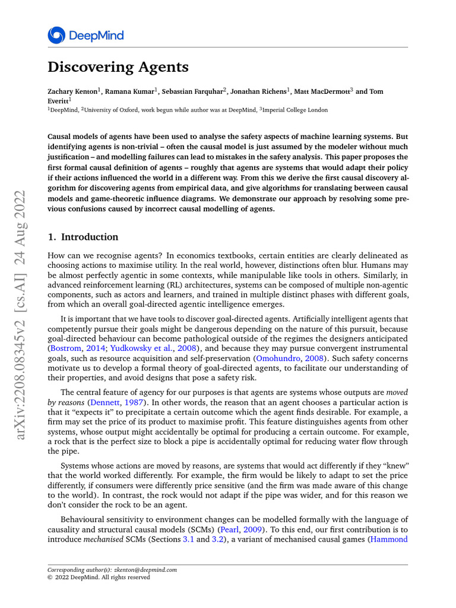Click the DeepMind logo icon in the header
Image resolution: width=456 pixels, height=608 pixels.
tap(57, 35)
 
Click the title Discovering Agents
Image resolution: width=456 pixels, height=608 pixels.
tap(118, 68)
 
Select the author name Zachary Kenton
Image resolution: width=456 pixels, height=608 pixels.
tap(72, 92)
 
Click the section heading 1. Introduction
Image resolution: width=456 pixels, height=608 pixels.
tap(83, 237)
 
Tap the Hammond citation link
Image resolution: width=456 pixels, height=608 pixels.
tap(389, 539)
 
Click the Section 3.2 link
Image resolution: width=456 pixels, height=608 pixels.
tap(218, 539)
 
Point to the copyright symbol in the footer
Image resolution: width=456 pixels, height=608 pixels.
tap(50, 577)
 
